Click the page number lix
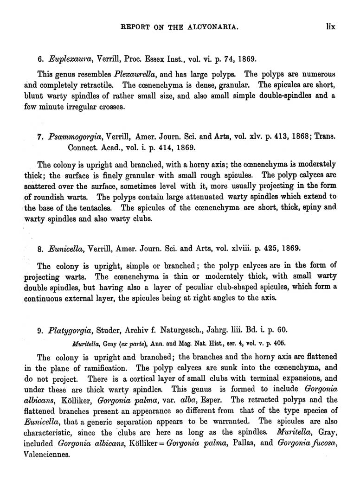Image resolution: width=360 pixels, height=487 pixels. pos(330,27)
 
